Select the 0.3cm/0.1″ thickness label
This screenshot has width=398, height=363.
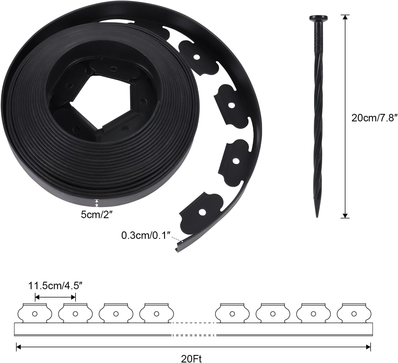[x=145, y=236]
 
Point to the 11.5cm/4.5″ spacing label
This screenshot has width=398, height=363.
[x=55, y=286]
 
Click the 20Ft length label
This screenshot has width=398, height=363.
[x=191, y=359]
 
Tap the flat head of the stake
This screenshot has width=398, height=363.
[x=318, y=19]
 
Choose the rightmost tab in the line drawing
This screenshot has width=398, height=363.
[x=354, y=314]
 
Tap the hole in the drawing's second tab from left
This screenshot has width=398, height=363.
[x=75, y=314]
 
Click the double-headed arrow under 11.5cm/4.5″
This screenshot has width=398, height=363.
[x=55, y=297]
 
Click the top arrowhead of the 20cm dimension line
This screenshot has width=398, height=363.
[x=345, y=17]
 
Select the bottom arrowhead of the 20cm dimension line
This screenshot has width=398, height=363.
[x=345, y=216]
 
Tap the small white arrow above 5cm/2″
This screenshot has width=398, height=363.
[x=96, y=203]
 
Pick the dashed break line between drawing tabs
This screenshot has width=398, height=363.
[x=194, y=323]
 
